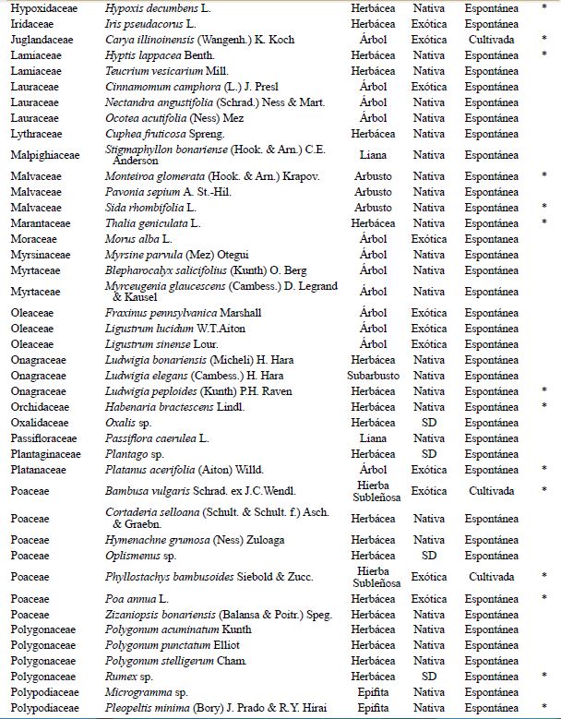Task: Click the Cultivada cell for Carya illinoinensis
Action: point(490,41)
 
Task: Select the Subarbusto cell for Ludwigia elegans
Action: point(373,375)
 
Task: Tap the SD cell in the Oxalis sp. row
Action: point(429,422)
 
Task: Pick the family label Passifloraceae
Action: point(43,437)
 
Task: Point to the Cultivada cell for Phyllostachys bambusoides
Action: point(490,577)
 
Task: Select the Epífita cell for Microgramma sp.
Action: point(373,691)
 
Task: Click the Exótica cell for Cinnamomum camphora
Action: point(429,87)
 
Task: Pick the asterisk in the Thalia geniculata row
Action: point(544,222)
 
